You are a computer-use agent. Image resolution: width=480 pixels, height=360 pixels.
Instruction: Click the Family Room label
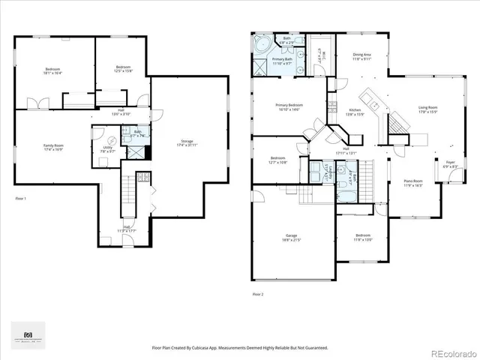52,145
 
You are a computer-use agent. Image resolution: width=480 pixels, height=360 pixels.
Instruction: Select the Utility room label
108,148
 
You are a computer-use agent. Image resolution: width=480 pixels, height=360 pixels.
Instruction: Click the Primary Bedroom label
289,105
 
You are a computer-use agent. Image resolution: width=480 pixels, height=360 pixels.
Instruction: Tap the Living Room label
427,108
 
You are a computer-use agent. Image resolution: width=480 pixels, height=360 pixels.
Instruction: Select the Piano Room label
413,181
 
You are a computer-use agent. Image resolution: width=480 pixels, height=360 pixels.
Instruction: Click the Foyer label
451,163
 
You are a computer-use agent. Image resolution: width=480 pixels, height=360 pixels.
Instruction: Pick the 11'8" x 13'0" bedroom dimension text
362,240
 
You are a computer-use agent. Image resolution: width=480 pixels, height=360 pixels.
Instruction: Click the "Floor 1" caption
20,198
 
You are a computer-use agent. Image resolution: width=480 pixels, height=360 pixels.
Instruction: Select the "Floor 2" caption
257,293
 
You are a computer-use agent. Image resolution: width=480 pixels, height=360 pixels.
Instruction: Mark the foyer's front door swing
451,178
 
